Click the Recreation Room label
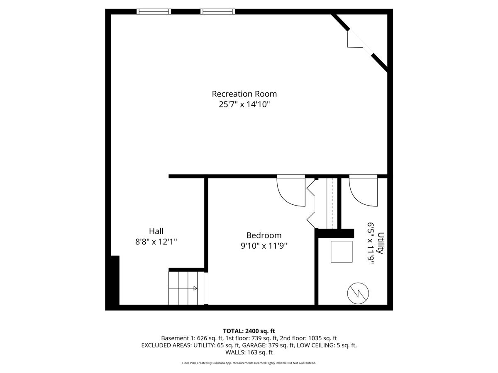[x=244, y=94]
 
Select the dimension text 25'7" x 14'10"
[x=244, y=104]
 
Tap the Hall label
[x=156, y=231]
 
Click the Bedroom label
[x=264, y=235]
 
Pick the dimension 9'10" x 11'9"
[x=264, y=246]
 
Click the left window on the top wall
[x=154, y=12]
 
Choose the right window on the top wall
[x=217, y=12]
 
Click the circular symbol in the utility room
[x=357, y=293]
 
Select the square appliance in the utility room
[x=342, y=252]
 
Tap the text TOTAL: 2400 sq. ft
[x=249, y=331]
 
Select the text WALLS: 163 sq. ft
[x=249, y=352]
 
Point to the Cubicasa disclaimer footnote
[x=249, y=363]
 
